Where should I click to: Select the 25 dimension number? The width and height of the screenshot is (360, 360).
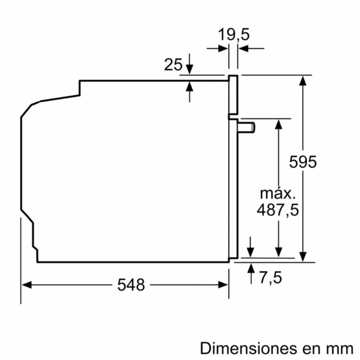(x=173, y=64)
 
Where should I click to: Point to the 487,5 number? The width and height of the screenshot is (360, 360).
(x=278, y=210)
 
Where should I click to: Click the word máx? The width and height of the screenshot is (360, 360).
(x=278, y=194)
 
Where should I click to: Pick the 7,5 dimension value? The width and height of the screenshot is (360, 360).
(x=270, y=277)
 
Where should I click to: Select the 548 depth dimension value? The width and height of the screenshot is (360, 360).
(x=131, y=285)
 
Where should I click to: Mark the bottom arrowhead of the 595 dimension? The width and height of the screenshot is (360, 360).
(x=303, y=257)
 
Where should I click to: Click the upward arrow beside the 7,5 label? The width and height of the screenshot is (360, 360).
(x=251, y=268)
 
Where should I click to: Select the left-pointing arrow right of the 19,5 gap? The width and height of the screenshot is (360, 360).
(x=243, y=48)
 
